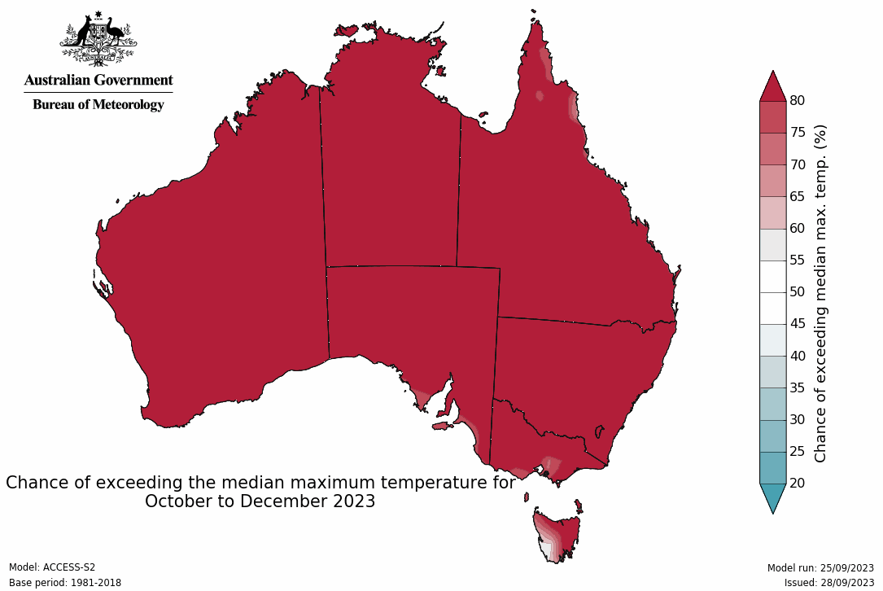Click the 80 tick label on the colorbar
(x=798, y=100)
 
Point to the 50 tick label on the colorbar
(x=798, y=291)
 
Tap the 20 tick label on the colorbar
(x=798, y=483)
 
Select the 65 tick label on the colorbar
(x=798, y=196)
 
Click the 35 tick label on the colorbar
(x=798, y=387)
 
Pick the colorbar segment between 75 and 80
(x=772, y=116)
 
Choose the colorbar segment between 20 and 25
(x=772, y=467)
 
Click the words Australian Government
(x=98, y=80)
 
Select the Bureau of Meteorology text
(x=98, y=104)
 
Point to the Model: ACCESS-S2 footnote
(x=52, y=567)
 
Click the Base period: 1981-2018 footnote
(x=64, y=583)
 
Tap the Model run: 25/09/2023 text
(x=820, y=568)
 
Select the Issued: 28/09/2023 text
(x=829, y=583)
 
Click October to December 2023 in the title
(x=260, y=501)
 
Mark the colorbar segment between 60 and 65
(x=772, y=212)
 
